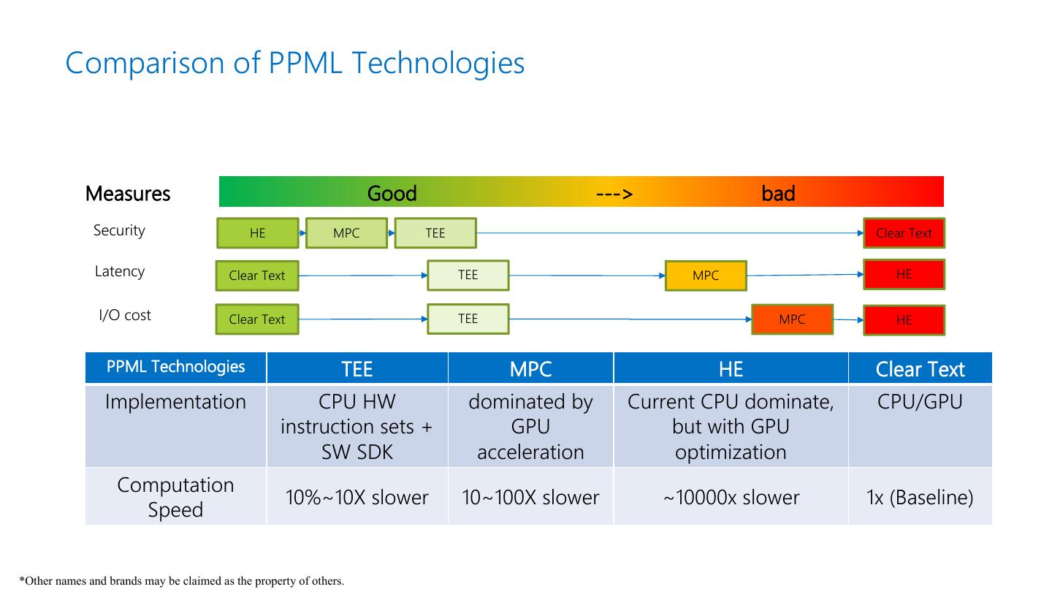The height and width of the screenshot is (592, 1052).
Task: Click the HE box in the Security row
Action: point(258,233)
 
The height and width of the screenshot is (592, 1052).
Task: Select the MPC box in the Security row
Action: point(346,233)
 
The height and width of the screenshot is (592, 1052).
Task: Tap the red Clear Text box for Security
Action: point(904,233)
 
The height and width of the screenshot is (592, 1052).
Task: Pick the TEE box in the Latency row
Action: point(468,275)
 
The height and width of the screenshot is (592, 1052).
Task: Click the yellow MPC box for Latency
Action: point(706,276)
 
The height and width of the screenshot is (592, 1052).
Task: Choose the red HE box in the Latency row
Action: point(904,274)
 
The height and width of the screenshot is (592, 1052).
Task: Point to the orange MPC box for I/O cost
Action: point(792,319)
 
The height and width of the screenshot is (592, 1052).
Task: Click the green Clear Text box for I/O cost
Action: point(257,319)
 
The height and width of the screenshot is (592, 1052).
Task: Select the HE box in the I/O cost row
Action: point(904,320)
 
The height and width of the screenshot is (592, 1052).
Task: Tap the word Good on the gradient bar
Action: point(392,193)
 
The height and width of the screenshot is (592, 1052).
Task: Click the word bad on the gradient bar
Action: point(778,193)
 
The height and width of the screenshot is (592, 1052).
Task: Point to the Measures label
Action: point(128,194)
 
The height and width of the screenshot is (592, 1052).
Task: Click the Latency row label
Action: point(120,271)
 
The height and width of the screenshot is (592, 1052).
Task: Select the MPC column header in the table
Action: point(530,368)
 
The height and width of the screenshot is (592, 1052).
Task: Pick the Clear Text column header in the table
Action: point(920,368)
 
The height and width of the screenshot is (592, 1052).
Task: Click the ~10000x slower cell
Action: point(731,497)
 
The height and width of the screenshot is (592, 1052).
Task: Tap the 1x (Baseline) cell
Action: point(920,497)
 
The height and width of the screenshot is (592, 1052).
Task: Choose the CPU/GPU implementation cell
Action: point(920,401)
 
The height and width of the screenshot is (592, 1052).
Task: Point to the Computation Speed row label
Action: point(175,497)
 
